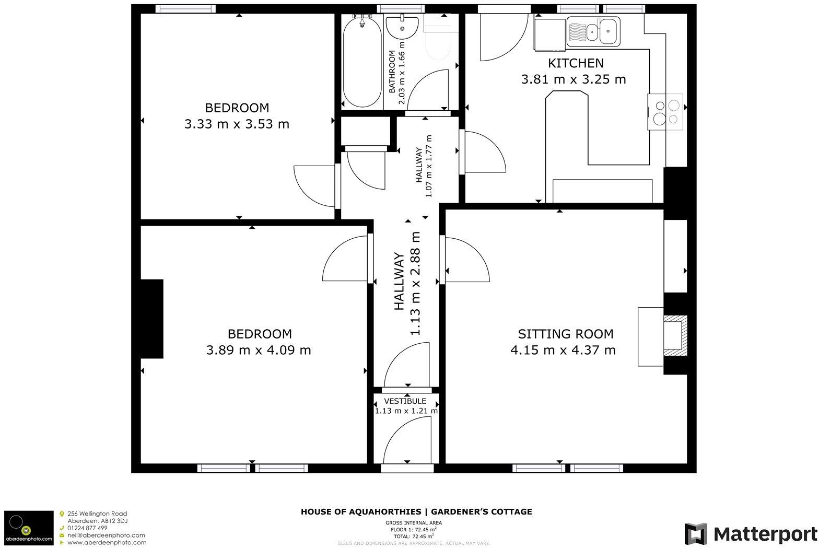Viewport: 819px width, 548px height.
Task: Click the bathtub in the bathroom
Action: [x=362, y=62]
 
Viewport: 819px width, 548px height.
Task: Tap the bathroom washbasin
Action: [x=402, y=27]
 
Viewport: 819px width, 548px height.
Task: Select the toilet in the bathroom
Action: [x=438, y=38]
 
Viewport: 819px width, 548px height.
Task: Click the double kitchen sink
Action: [x=593, y=31]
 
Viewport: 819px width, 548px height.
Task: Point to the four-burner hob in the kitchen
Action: [x=665, y=112]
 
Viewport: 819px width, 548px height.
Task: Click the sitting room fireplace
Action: [x=675, y=335]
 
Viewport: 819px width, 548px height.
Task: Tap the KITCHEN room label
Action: [x=576, y=63]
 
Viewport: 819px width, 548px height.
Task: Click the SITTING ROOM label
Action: [x=565, y=334]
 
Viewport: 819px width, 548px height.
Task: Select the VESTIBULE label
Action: [x=405, y=401]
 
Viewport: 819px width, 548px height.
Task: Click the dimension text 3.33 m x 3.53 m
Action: [x=237, y=124]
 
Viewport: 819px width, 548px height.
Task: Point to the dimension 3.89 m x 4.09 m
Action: [x=259, y=350]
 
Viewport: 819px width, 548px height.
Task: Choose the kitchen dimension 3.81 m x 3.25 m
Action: [x=574, y=79]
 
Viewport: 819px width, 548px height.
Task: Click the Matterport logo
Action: [x=751, y=533]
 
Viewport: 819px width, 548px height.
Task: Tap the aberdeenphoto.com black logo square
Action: [x=29, y=528]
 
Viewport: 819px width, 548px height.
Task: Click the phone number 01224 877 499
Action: [x=87, y=528]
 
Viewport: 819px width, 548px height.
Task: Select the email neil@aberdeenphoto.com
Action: [x=106, y=535]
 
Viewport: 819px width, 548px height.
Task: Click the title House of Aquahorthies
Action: [x=361, y=512]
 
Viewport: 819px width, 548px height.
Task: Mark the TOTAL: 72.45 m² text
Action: [x=414, y=537]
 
